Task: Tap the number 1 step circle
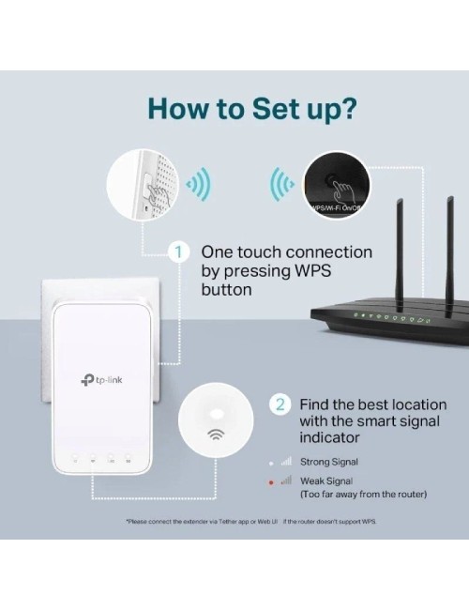coord(176,252)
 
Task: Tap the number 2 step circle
coord(280,404)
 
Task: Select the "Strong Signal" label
coord(328,462)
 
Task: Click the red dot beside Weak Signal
coord(272,480)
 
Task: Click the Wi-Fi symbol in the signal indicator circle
coord(216,434)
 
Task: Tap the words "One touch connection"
coord(286,252)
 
